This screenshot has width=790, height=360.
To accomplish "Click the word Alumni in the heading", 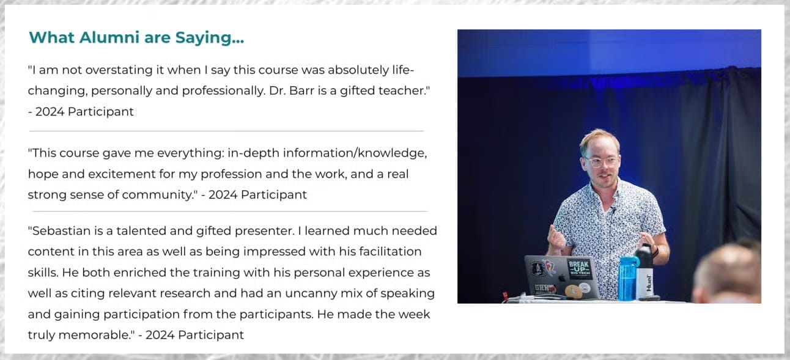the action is tap(109, 37).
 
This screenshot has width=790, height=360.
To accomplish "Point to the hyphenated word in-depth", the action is tap(254, 153).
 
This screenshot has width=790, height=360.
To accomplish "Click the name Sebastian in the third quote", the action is tap(61, 231).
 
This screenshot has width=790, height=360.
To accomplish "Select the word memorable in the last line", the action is tap(95, 335).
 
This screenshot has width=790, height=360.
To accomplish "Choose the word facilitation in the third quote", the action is tap(391, 252).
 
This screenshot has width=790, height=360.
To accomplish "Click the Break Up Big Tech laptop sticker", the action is tap(580, 269).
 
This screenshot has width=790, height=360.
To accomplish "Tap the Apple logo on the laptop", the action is tap(561, 279).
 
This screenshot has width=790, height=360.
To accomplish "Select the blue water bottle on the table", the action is tap(627, 279).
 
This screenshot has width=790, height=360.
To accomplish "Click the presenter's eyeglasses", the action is tap(601, 161).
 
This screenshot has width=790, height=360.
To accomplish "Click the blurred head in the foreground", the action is tap(727, 274).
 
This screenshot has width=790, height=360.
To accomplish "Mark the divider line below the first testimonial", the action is tap(226, 131).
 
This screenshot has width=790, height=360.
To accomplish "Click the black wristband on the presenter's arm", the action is tap(655, 251).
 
